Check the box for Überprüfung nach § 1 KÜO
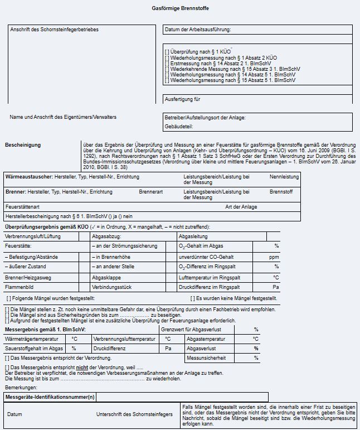coord(167,51)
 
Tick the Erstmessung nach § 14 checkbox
coord(167,64)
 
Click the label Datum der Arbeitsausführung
coord(197,30)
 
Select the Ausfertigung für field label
coord(182,99)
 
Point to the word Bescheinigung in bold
coord(23,145)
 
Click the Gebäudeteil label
coord(178,127)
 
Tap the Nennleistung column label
coord(284,177)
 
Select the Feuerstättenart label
coord(22,207)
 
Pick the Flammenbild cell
coord(18,287)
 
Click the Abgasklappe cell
coord(106,277)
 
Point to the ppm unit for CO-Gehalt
coord(274,257)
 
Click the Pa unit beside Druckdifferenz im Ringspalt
coord(275,287)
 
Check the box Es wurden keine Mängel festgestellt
coord(192,298)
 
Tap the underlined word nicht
coord(82,367)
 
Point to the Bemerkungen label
coord(21,386)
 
